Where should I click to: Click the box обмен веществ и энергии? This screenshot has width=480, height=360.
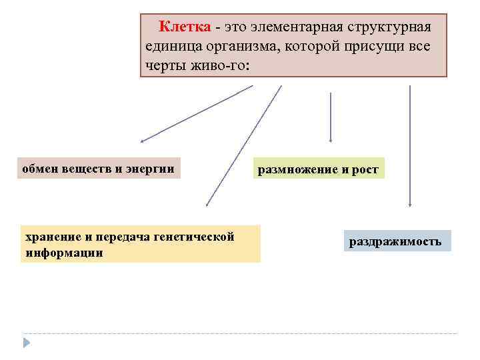pos(99,169)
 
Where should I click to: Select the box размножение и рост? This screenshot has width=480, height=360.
pos(317,169)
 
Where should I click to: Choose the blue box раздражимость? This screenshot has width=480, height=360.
pos(397,241)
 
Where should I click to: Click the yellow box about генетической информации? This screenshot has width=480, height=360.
pos(140,245)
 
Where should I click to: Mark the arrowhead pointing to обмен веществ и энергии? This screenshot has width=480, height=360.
pos(143,141)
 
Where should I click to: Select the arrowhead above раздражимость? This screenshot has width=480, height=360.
pos(409,203)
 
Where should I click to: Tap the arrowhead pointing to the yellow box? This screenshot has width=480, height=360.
pos(207,203)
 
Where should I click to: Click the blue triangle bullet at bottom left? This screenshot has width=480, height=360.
pos(27,342)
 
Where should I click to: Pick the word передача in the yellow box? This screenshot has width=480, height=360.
pos(121,237)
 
